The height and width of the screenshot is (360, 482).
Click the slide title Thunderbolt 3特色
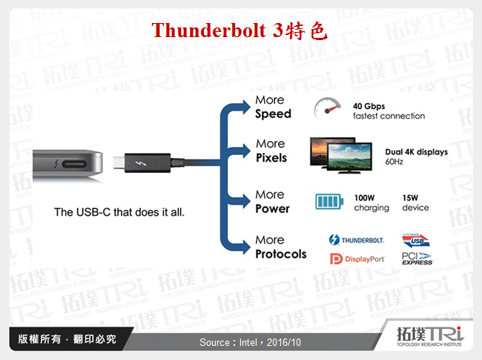(x=238, y=31)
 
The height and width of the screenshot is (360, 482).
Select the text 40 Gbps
(x=369, y=106)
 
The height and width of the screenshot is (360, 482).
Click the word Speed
(x=273, y=114)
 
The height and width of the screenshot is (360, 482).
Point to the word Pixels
(x=271, y=158)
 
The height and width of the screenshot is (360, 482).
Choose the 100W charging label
(x=372, y=203)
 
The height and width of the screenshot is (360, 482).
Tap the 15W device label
(x=415, y=203)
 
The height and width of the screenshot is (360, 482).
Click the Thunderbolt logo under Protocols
(x=357, y=240)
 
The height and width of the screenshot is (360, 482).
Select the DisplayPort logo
(x=357, y=258)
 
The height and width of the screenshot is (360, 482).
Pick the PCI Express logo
(x=416, y=258)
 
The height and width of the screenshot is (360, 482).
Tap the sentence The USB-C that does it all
(x=119, y=212)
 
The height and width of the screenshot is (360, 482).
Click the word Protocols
(x=280, y=254)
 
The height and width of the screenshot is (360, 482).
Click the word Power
(x=272, y=209)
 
